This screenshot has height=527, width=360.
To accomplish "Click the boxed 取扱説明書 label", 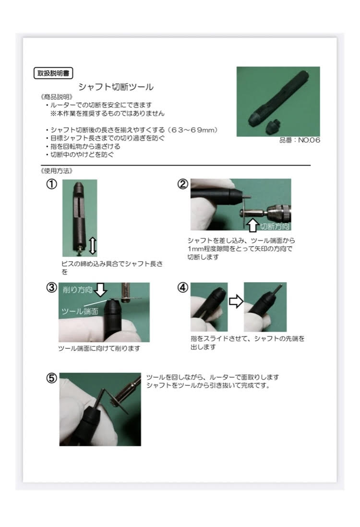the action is (53, 73).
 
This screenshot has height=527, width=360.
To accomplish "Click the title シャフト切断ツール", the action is (116, 87).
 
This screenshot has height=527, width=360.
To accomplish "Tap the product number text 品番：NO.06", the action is (300, 140).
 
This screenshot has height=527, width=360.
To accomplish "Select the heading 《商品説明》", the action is (57, 97).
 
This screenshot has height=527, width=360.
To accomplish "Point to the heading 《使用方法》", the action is (57, 171).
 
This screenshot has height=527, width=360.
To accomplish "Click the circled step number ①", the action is (51, 184).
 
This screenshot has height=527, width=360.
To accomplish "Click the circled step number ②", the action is (182, 184).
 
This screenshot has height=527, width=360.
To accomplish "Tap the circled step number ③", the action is (51, 287).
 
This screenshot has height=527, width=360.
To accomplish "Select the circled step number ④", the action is (182, 287).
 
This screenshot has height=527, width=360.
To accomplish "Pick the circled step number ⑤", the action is (51, 378).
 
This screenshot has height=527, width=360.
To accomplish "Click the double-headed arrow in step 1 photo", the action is (93, 245).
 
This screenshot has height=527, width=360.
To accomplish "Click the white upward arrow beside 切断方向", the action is (253, 226).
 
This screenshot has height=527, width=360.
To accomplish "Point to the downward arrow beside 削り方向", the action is (100, 290).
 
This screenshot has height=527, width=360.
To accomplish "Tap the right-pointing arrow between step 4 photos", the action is (236, 301).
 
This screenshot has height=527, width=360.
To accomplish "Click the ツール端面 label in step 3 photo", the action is (80, 311).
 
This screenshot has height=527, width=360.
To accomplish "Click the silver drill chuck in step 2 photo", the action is (279, 212).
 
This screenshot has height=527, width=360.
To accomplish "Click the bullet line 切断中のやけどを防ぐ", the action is (80, 155).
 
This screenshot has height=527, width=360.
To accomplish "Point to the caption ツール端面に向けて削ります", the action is (99, 348).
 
